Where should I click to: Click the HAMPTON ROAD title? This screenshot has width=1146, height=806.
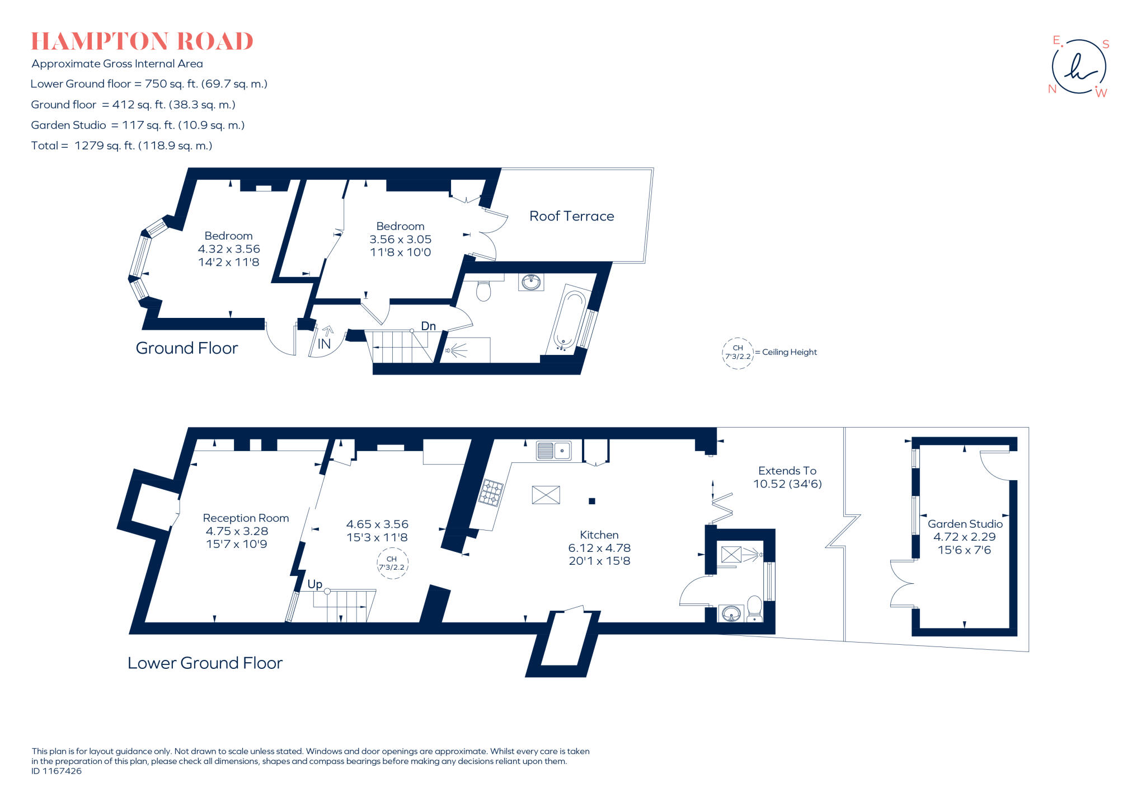click(142, 41)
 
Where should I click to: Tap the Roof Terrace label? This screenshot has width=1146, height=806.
click(571, 216)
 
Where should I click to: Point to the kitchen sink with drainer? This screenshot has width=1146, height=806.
click(553, 450)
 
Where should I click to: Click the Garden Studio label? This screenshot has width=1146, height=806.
click(965, 524)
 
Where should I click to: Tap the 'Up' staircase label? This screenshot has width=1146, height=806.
click(314, 584)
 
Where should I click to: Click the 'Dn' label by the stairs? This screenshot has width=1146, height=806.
click(428, 326)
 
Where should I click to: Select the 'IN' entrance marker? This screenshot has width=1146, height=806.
click(324, 344)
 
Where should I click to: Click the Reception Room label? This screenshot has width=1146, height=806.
click(246, 518)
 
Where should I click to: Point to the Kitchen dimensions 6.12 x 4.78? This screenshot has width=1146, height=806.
click(599, 548)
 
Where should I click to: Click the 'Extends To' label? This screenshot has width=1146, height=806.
click(787, 471)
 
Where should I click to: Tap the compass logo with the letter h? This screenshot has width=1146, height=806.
click(1079, 67)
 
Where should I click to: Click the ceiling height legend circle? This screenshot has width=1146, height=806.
click(738, 353)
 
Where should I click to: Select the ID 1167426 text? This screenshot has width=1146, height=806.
click(57, 771)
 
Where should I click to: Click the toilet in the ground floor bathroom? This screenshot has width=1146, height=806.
click(483, 290)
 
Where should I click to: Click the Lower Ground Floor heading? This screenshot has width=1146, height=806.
click(205, 663)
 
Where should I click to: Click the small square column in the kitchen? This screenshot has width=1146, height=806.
click(591, 501)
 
